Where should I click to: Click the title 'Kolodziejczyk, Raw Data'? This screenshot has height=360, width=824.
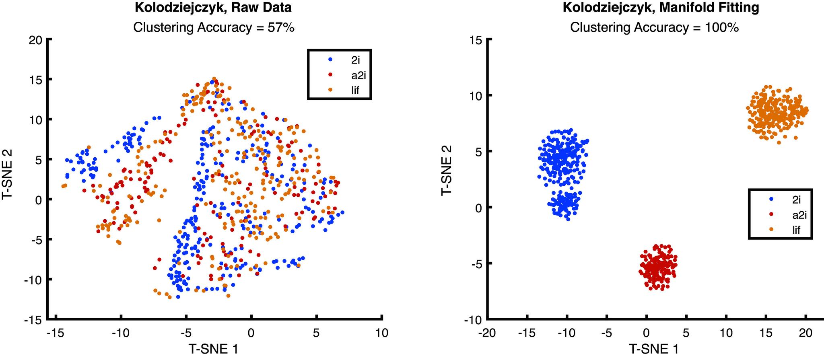[x=214, y=8]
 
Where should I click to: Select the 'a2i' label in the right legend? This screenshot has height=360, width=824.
[x=788, y=215]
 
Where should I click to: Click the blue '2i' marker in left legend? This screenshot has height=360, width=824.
[x=330, y=59]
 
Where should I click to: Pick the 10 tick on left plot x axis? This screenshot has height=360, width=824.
[x=381, y=333]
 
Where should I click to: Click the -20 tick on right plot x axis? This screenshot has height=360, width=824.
[x=486, y=333]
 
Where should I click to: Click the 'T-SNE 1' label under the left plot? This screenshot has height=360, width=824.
[x=214, y=349]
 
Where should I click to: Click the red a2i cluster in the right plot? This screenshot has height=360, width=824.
[x=658, y=267]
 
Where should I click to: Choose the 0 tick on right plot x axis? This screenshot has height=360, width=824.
[x=646, y=333]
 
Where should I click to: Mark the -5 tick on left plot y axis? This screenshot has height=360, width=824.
[x=37, y=239]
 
